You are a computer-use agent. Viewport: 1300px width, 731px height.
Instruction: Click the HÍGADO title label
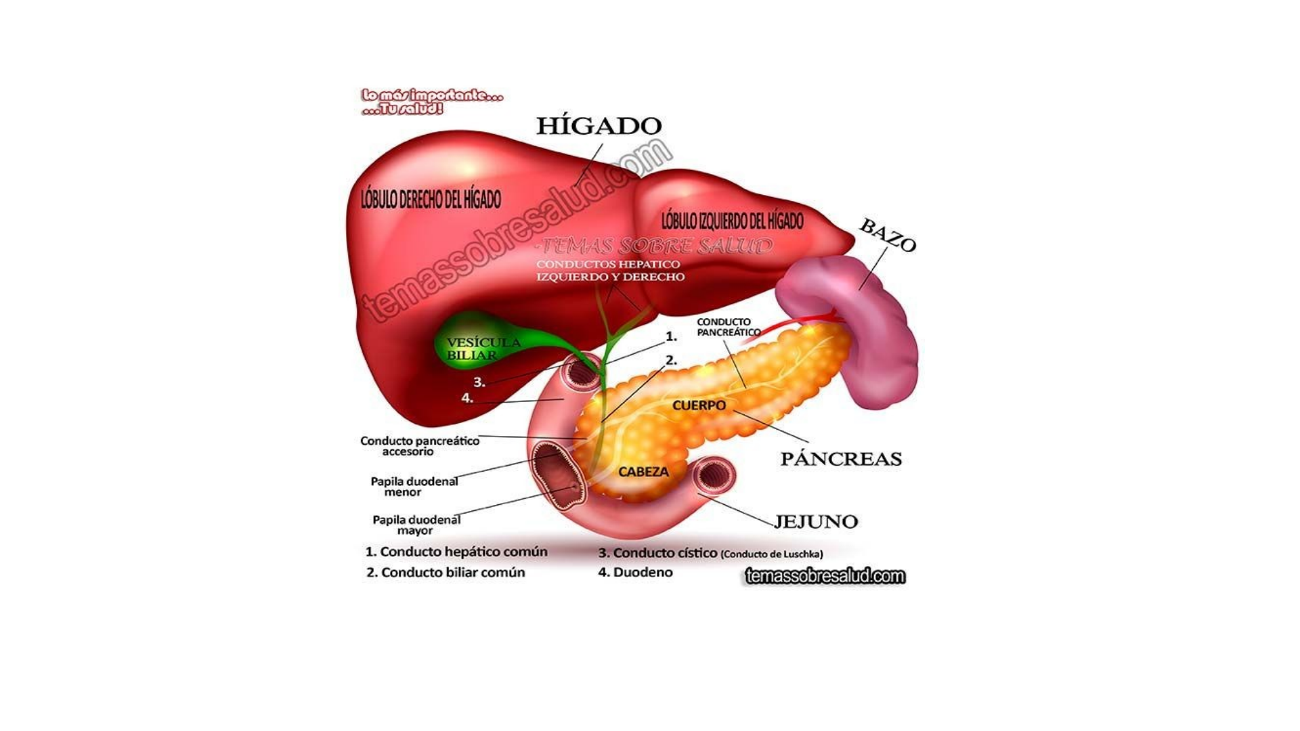(599, 126)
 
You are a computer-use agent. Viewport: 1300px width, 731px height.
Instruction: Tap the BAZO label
(888, 235)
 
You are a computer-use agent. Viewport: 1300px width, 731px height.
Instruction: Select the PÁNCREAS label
(841, 459)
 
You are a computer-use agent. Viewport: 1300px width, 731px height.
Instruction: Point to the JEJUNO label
(815, 522)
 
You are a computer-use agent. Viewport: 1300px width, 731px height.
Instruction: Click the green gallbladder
(474, 345)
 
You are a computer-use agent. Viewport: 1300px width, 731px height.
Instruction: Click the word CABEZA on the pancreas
(643, 472)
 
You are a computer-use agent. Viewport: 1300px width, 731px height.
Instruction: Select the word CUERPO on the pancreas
(699, 405)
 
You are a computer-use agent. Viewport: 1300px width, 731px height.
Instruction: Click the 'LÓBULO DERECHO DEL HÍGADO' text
(431, 200)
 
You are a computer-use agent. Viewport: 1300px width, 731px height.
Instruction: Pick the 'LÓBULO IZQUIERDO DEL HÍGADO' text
(732, 221)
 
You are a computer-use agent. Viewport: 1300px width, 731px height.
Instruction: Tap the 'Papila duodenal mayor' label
(416, 525)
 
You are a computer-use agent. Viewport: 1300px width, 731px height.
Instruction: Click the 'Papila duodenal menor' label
(414, 487)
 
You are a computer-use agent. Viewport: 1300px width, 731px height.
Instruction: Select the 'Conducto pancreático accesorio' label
(419, 446)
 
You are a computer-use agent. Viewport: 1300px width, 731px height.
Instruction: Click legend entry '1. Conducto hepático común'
(456, 552)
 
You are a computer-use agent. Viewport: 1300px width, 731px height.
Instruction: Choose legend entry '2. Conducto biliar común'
(446, 573)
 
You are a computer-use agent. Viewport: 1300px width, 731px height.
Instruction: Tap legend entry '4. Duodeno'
(635, 573)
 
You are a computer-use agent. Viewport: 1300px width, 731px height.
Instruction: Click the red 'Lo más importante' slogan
(431, 102)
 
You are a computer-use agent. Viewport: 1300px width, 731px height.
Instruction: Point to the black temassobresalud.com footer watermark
(825, 577)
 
